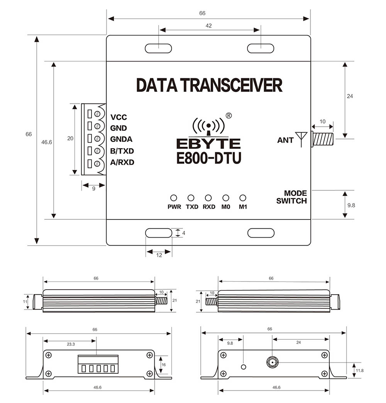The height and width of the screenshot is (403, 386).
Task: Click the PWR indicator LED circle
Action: point(174,198)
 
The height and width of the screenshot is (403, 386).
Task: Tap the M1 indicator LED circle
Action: point(243,198)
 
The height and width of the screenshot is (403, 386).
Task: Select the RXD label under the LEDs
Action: point(209,207)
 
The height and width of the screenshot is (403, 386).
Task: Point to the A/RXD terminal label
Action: point(122,162)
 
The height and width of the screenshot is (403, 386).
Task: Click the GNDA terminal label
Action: point(121,140)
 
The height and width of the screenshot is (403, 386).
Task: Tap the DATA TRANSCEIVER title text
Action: point(209,85)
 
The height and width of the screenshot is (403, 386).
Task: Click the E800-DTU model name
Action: point(209,158)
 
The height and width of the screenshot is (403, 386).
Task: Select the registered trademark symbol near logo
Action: point(229,115)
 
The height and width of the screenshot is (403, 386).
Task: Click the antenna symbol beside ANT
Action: point(301,138)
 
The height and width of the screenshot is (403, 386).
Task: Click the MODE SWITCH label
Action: point(291,197)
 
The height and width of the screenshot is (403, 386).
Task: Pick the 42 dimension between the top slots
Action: point(209,26)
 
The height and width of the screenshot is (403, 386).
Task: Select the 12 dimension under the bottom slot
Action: point(159,255)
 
